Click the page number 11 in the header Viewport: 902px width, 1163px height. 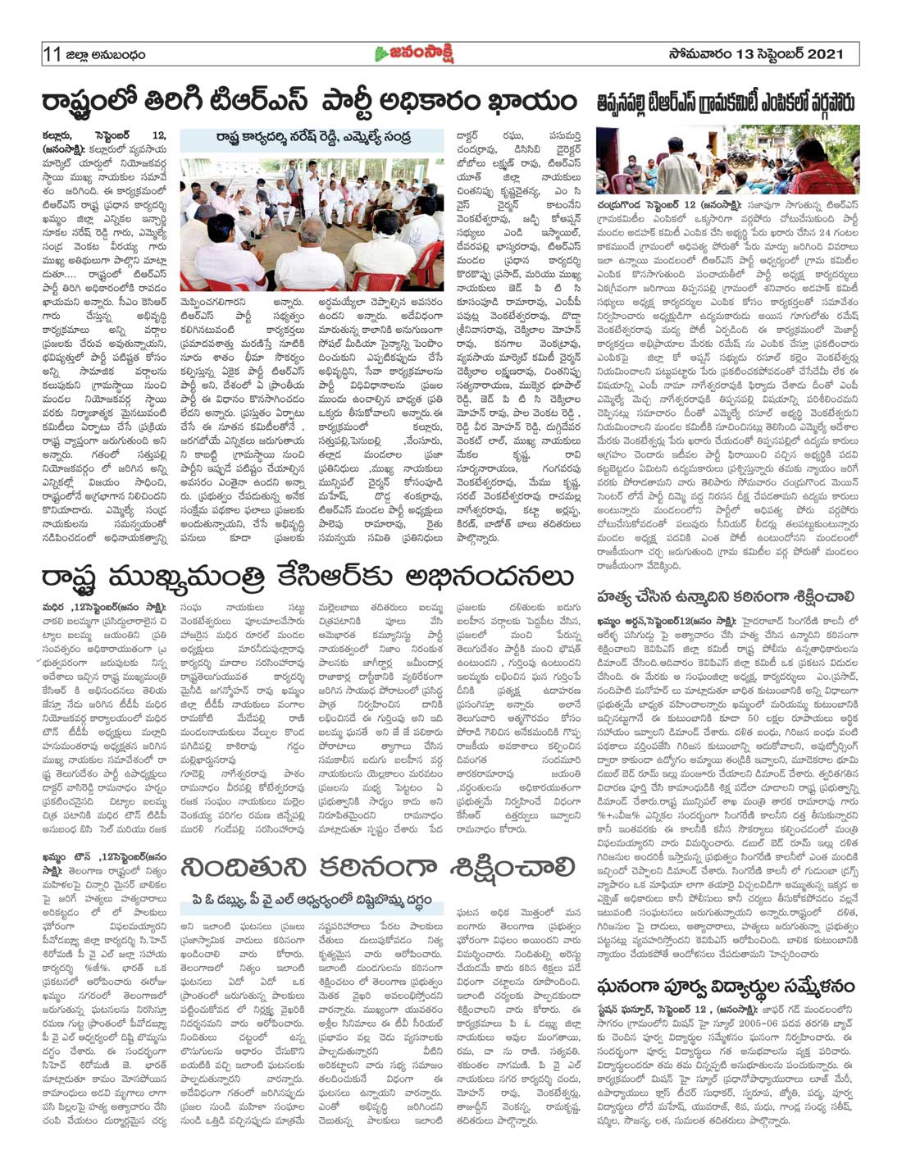[x=52, y=54]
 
